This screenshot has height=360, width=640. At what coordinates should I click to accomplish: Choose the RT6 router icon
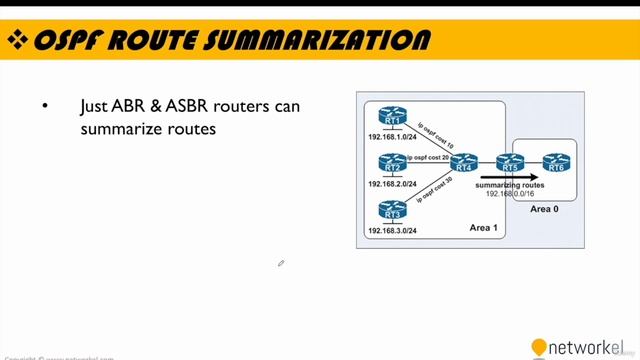click(x=555, y=163)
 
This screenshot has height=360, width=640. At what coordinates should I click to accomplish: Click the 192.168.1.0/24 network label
click(x=392, y=136)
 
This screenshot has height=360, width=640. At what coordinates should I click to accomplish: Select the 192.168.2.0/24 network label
click(x=392, y=184)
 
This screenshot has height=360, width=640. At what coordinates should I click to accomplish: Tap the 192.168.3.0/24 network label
click(x=392, y=231)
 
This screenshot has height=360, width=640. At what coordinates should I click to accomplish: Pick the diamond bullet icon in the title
click(x=17, y=40)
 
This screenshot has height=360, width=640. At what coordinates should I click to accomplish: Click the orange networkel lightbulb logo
click(x=539, y=347)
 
